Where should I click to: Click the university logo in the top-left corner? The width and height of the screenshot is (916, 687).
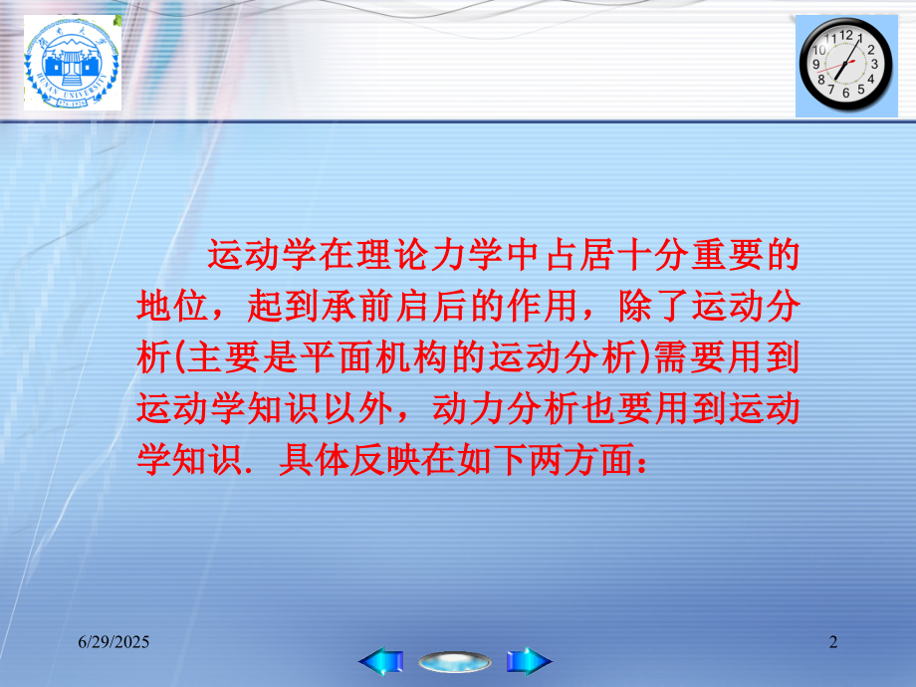(72, 64)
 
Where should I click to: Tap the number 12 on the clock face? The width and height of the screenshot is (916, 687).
(847, 34)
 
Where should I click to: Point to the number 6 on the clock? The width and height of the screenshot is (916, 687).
(845, 94)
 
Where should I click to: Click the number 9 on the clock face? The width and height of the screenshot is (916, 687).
(817, 65)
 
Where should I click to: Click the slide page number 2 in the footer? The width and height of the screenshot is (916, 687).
(833, 644)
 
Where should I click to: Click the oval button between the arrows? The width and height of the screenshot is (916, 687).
(455, 661)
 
